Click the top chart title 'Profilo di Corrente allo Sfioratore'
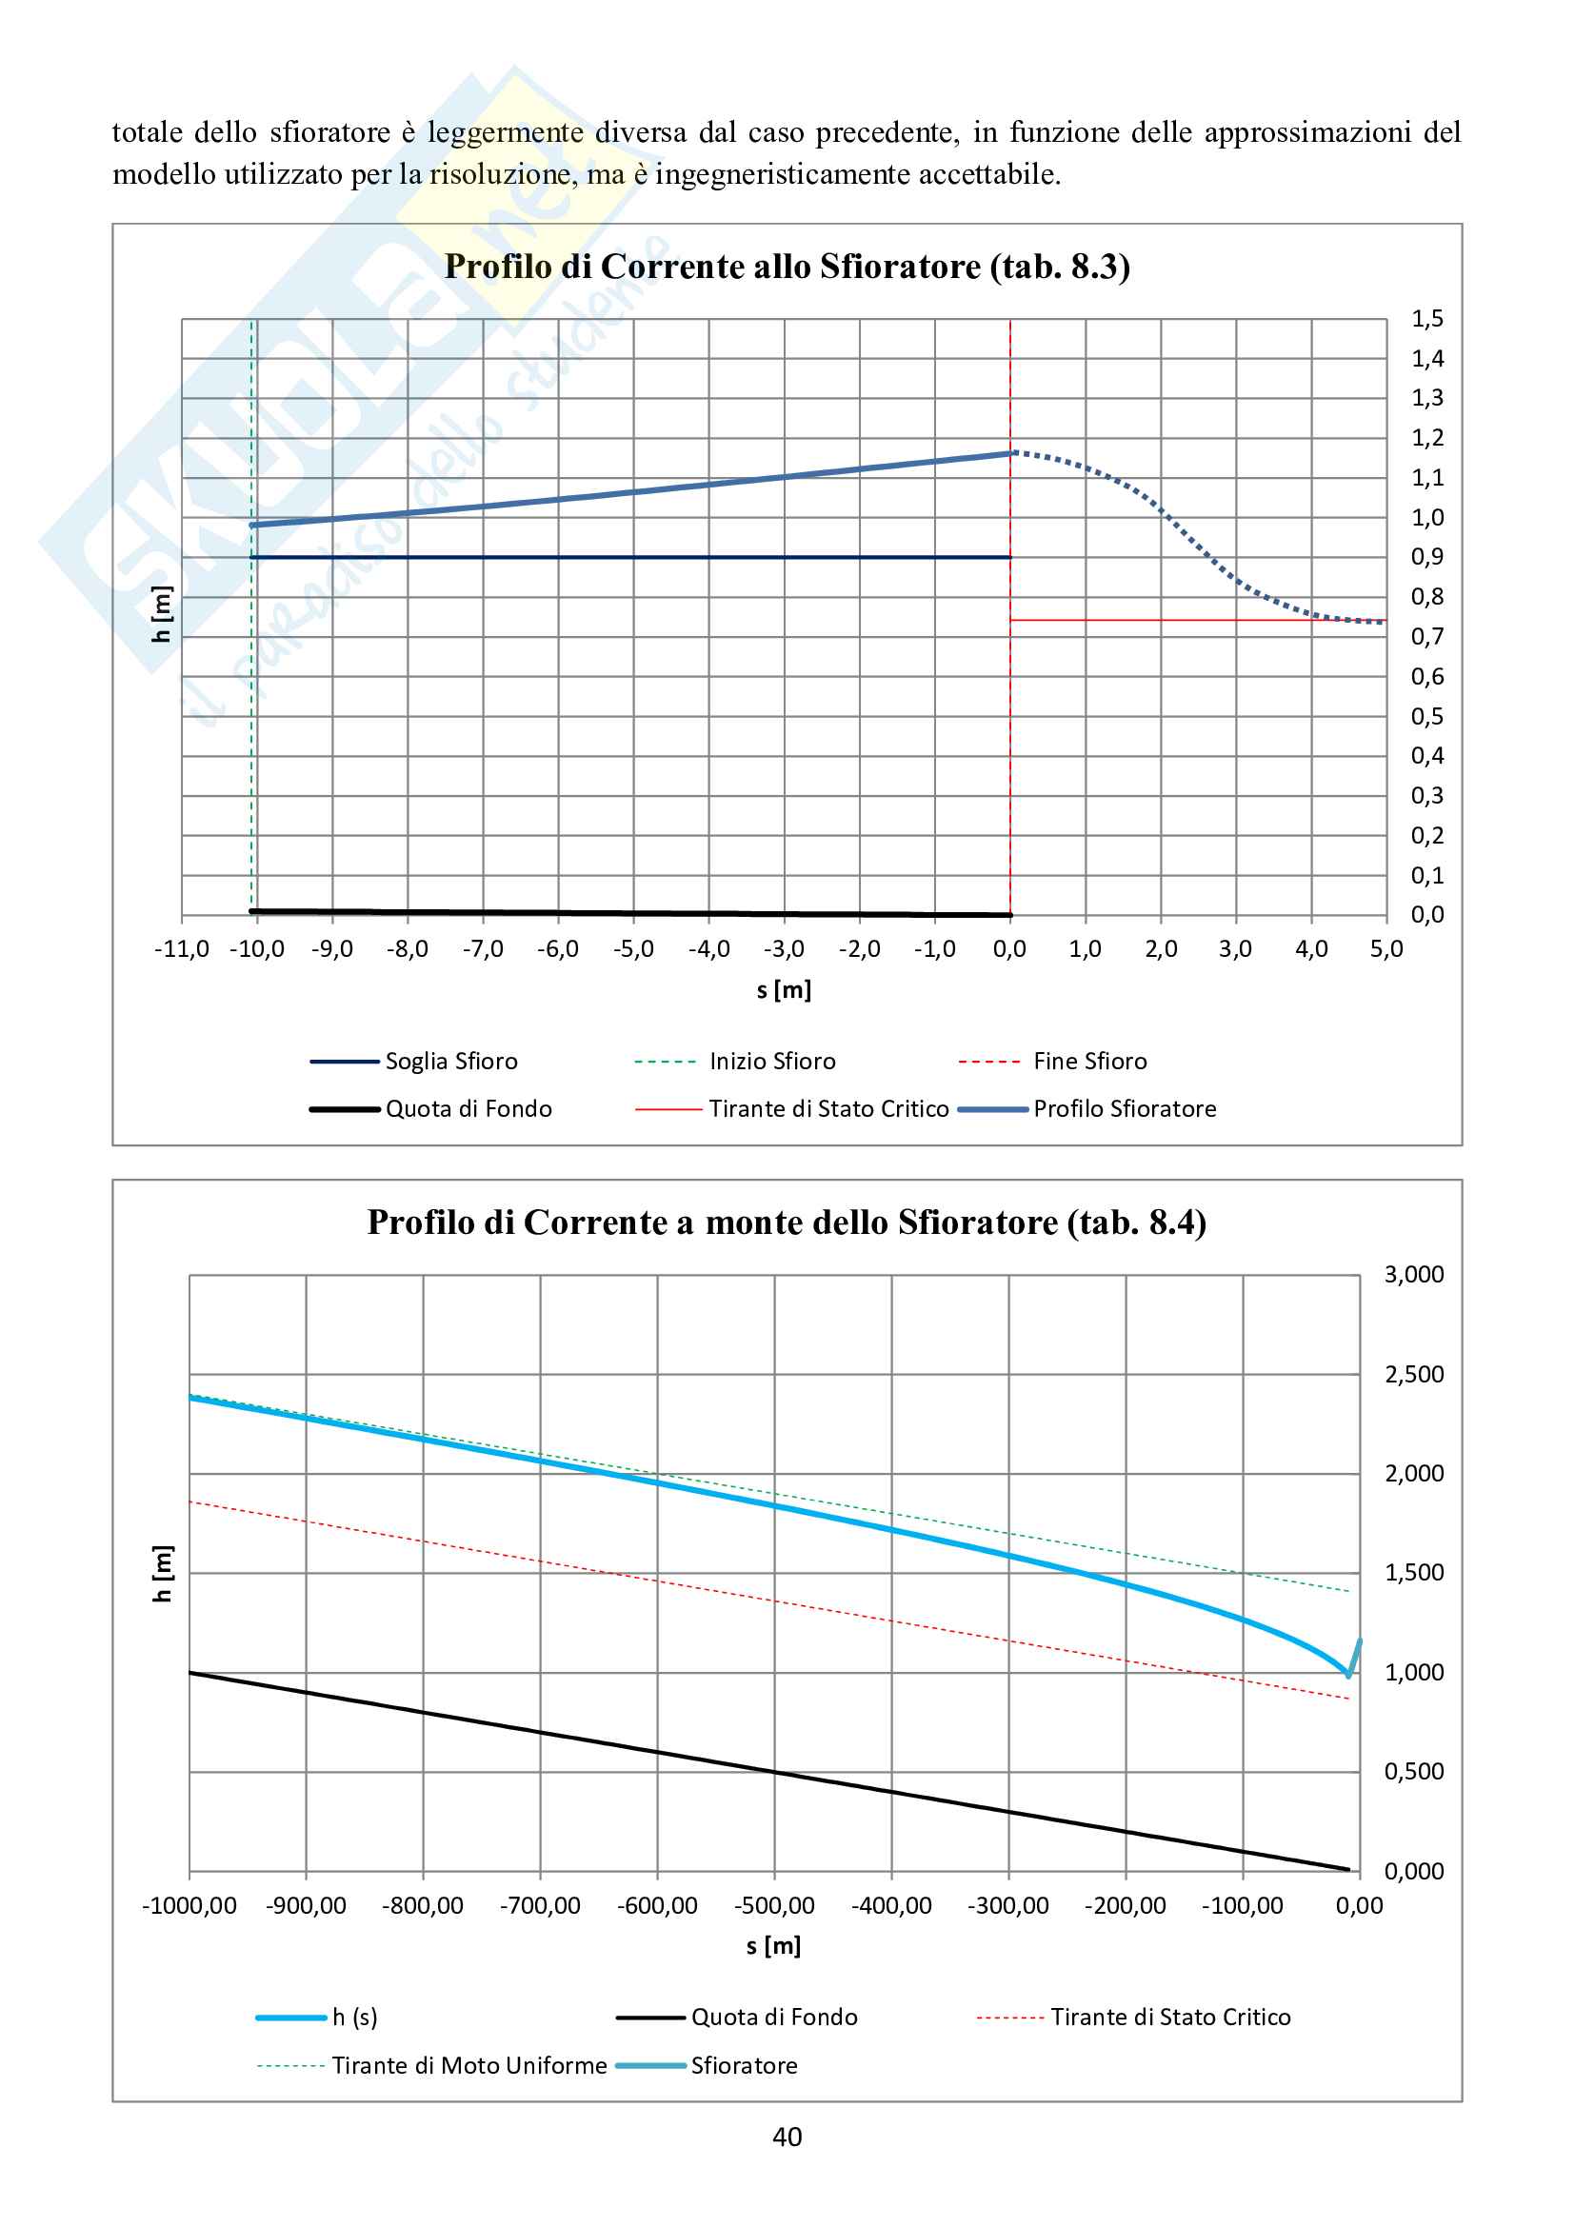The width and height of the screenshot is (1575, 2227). coord(787,267)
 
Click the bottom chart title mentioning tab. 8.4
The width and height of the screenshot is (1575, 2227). coord(787,1223)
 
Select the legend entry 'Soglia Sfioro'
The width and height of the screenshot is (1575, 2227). coord(451,1061)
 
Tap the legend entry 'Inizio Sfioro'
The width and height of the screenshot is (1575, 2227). coord(772,1061)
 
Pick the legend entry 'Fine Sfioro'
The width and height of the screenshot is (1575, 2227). coord(1090,1061)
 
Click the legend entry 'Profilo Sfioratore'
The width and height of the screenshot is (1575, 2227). coord(1124,1108)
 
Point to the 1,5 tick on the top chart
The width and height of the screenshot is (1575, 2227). coord(1426,319)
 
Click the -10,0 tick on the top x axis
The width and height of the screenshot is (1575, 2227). coord(257,949)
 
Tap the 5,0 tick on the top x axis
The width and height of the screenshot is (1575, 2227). coord(1386,949)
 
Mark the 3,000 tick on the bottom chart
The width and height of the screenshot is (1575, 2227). coord(1413,1275)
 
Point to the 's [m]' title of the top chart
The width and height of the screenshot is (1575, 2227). coord(784,990)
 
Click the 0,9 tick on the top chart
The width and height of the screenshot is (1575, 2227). coord(1426,558)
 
